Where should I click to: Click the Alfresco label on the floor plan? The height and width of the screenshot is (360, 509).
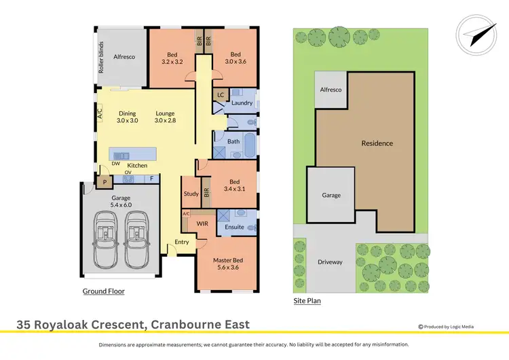[x=124, y=58]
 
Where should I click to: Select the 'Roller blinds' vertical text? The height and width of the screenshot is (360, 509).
[x=100, y=58]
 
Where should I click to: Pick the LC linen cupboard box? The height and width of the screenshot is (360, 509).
[x=221, y=95]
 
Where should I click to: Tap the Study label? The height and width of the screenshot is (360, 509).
[x=191, y=194]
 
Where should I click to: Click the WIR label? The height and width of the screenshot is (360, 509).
[x=202, y=223]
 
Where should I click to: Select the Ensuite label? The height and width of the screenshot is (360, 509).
[x=234, y=226]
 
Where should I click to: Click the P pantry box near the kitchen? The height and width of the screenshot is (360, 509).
[x=105, y=181]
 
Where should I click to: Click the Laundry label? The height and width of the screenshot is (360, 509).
[x=242, y=103]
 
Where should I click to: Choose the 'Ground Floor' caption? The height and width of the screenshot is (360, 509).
[x=103, y=291]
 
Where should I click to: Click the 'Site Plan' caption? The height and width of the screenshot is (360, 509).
[x=307, y=300]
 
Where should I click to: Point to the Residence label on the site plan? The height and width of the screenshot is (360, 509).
[x=377, y=143]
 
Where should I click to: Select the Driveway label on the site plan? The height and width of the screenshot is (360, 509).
[x=330, y=262]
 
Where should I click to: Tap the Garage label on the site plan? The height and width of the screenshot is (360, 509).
[x=331, y=195]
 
